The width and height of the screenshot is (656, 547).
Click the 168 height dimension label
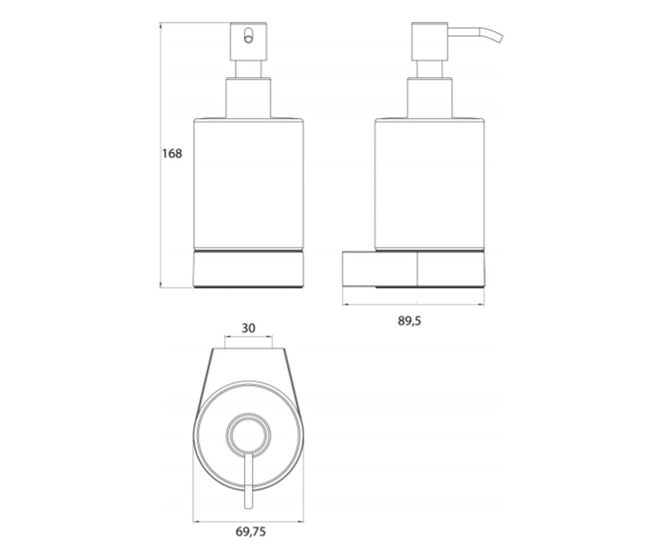pyautogui.click(x=172, y=153)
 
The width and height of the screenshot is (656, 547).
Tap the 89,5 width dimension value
pyautogui.click(x=409, y=321)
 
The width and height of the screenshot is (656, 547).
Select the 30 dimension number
pyautogui.click(x=248, y=328)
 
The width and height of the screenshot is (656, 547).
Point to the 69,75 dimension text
pyautogui.click(x=251, y=532)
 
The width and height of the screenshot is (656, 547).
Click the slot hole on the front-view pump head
pyautogui.click(x=248, y=36)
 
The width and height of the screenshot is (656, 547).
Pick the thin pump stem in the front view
pyautogui.click(x=249, y=69)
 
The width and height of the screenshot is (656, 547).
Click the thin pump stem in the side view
pyautogui.click(x=430, y=69)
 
